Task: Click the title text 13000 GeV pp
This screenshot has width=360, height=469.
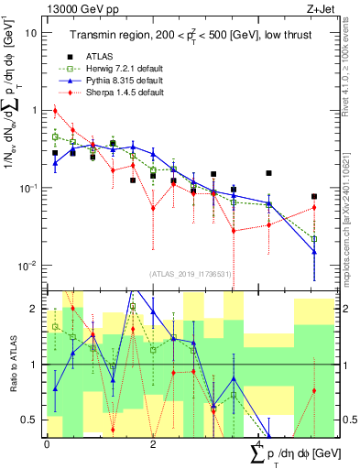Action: [80, 8]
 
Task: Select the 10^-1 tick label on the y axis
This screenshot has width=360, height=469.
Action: [27, 189]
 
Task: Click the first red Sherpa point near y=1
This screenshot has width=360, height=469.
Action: [55, 112]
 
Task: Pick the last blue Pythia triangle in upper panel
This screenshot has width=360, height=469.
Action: [314, 251]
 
